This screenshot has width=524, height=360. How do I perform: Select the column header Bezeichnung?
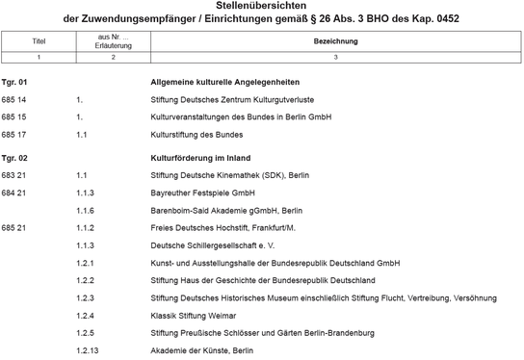click(335, 41)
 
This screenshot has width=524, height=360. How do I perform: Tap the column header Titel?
click(39, 41)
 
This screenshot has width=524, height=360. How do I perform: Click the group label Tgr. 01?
click(15, 83)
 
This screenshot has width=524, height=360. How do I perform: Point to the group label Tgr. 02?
click(15, 157)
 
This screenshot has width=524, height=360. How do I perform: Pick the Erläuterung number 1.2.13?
click(88, 350)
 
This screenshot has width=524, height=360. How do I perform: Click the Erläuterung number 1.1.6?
click(85, 210)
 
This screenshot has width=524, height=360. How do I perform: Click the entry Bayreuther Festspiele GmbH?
click(202, 193)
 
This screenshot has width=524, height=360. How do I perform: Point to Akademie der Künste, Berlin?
click(202, 350)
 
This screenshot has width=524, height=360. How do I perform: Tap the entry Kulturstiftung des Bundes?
click(196, 135)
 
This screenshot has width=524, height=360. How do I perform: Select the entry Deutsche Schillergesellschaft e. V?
click(214, 245)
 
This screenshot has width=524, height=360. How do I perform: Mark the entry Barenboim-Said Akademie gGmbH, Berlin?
click(227, 210)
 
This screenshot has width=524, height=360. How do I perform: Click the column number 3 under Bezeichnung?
click(335, 59)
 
